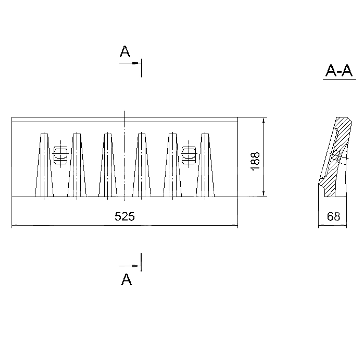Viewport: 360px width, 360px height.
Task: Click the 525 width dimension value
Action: pos(124,216)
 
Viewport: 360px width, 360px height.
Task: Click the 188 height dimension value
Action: pos(255,161)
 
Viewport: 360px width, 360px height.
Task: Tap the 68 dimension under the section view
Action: pos(333,216)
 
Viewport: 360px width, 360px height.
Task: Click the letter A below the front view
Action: pos(127,279)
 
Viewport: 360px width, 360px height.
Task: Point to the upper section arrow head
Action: pos(135,63)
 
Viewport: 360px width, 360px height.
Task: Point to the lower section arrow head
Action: pos(135,266)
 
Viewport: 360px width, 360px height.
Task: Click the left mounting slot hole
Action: pos(61,155)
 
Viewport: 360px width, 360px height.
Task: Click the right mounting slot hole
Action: pos(189,155)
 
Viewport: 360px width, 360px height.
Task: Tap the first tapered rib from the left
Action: pos(44,165)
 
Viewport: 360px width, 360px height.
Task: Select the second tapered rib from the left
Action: pos(77,165)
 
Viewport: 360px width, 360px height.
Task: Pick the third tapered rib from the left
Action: pos(108,165)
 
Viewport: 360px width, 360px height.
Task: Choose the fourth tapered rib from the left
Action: pos(141,165)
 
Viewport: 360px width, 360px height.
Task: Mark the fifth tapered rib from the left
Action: pos(172,165)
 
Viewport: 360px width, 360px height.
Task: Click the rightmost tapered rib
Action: pos(205,165)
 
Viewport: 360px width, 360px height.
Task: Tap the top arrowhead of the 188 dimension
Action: pos(264,121)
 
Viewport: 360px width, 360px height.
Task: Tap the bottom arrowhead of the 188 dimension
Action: pos(264,193)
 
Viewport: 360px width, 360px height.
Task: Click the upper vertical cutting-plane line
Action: pos(141,68)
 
